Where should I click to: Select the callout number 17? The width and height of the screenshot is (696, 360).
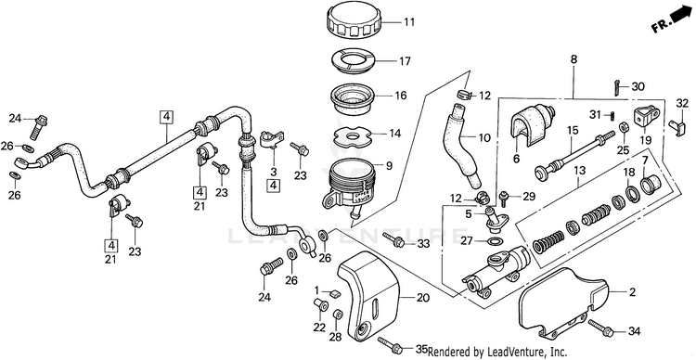(x=405, y=61)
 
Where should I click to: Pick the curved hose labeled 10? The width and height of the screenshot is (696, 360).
(x=463, y=145)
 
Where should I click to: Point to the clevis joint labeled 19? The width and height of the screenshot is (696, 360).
(x=646, y=117)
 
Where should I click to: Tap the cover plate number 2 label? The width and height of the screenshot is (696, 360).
(x=632, y=292)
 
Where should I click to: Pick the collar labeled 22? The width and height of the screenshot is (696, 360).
(x=320, y=305)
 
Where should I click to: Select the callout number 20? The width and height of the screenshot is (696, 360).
(x=423, y=298)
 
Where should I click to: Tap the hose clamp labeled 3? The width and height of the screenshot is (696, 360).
(x=272, y=139)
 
